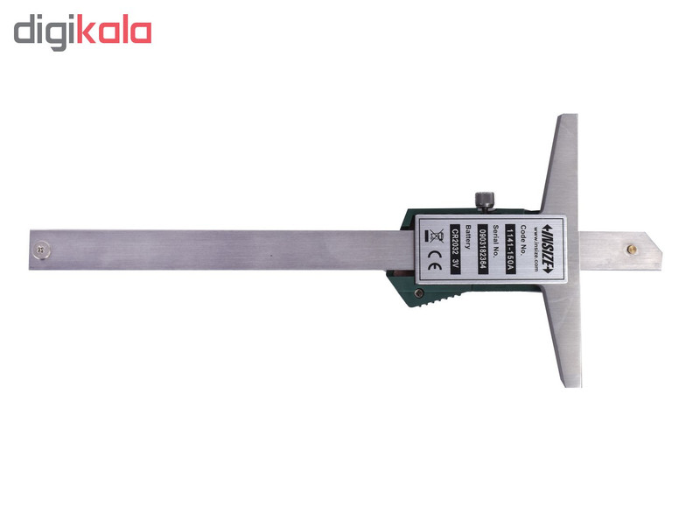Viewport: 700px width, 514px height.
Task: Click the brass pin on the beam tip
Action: pyautogui.click(x=632, y=249)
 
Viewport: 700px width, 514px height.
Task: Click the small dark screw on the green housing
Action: pyautogui.click(x=418, y=293)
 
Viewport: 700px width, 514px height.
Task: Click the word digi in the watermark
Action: pyautogui.click(x=44, y=32)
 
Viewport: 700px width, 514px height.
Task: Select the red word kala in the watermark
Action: pyautogui.click(x=115, y=31)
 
